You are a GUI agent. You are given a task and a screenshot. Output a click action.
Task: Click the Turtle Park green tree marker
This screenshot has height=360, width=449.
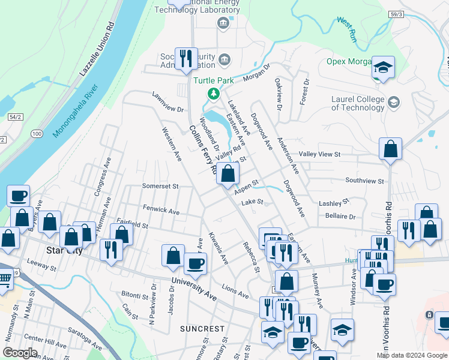click(212, 94)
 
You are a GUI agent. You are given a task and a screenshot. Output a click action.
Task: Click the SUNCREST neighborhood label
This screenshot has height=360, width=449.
click(202, 329)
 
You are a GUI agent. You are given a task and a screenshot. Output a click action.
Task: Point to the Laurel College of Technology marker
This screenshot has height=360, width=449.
click(393, 101)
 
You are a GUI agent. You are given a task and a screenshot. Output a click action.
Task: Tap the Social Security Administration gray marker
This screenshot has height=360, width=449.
click(224, 59)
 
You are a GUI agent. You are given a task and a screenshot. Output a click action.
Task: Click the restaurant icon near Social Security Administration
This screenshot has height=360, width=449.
click(186, 59)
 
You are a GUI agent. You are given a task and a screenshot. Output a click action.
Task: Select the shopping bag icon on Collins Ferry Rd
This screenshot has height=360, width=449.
click(228, 175)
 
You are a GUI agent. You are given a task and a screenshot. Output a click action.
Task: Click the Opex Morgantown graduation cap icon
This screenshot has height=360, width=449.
click(382, 67)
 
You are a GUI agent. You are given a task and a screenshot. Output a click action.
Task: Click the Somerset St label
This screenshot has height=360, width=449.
click(160, 186)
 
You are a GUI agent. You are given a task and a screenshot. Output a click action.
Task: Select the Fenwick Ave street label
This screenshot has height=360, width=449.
click(161, 211)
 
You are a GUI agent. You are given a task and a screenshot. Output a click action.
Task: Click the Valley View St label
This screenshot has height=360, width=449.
click(320, 154)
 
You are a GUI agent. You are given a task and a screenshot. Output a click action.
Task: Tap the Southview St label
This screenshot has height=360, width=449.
click(364, 181)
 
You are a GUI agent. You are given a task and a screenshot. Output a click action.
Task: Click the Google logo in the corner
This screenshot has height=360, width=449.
click(20, 353)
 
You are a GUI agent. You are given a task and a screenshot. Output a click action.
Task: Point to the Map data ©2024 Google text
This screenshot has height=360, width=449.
click(411, 355)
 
